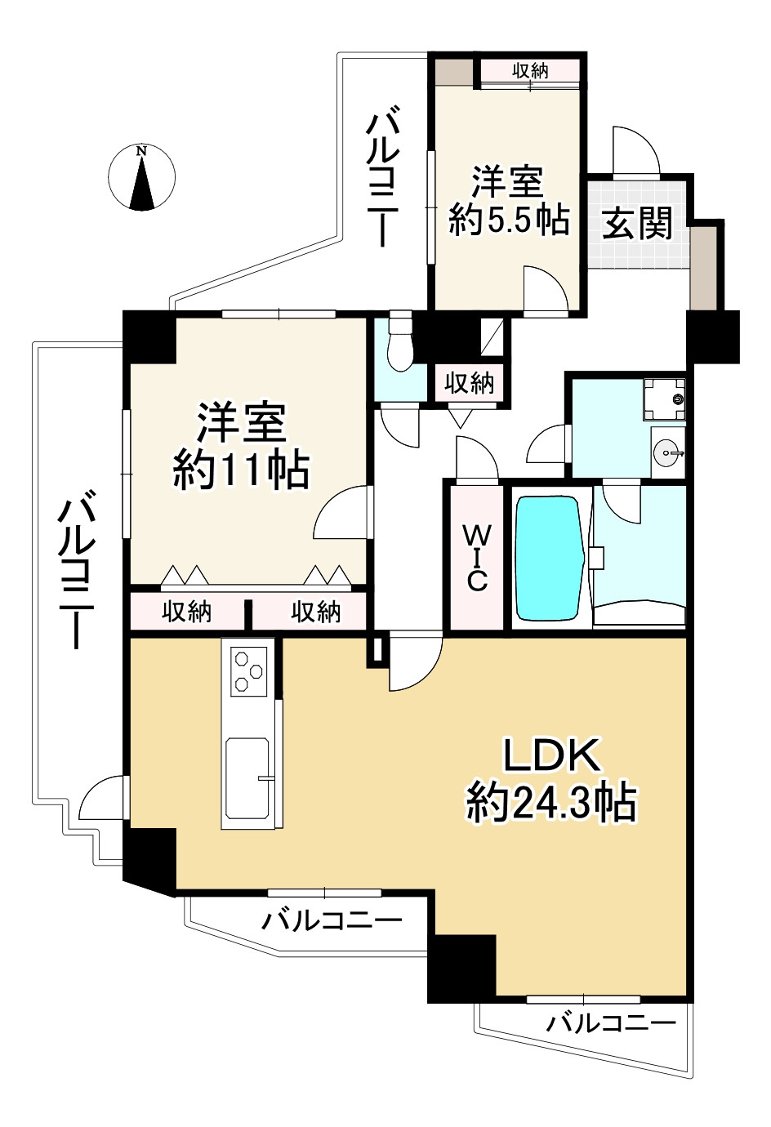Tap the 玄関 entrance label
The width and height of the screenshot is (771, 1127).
pyautogui.click(x=637, y=222)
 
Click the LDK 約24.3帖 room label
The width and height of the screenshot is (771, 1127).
pyautogui.click(x=551, y=780)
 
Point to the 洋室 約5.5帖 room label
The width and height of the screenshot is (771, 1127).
pyautogui.click(x=509, y=201)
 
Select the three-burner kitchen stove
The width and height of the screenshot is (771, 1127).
pyautogui.click(x=248, y=670)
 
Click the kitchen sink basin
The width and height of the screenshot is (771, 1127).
pyautogui.click(x=247, y=780)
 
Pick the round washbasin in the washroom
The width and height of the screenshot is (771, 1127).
pyautogui.click(x=668, y=452)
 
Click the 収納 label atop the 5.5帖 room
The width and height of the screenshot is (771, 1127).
pyautogui.click(x=530, y=71)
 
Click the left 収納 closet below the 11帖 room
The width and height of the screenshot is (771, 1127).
pyautogui.click(x=187, y=612)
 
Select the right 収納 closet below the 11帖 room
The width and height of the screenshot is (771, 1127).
pyautogui.click(x=316, y=612)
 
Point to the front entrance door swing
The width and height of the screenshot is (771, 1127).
pyautogui.click(x=635, y=152)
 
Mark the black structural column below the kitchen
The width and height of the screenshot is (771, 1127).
pyautogui.click(x=150, y=860)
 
